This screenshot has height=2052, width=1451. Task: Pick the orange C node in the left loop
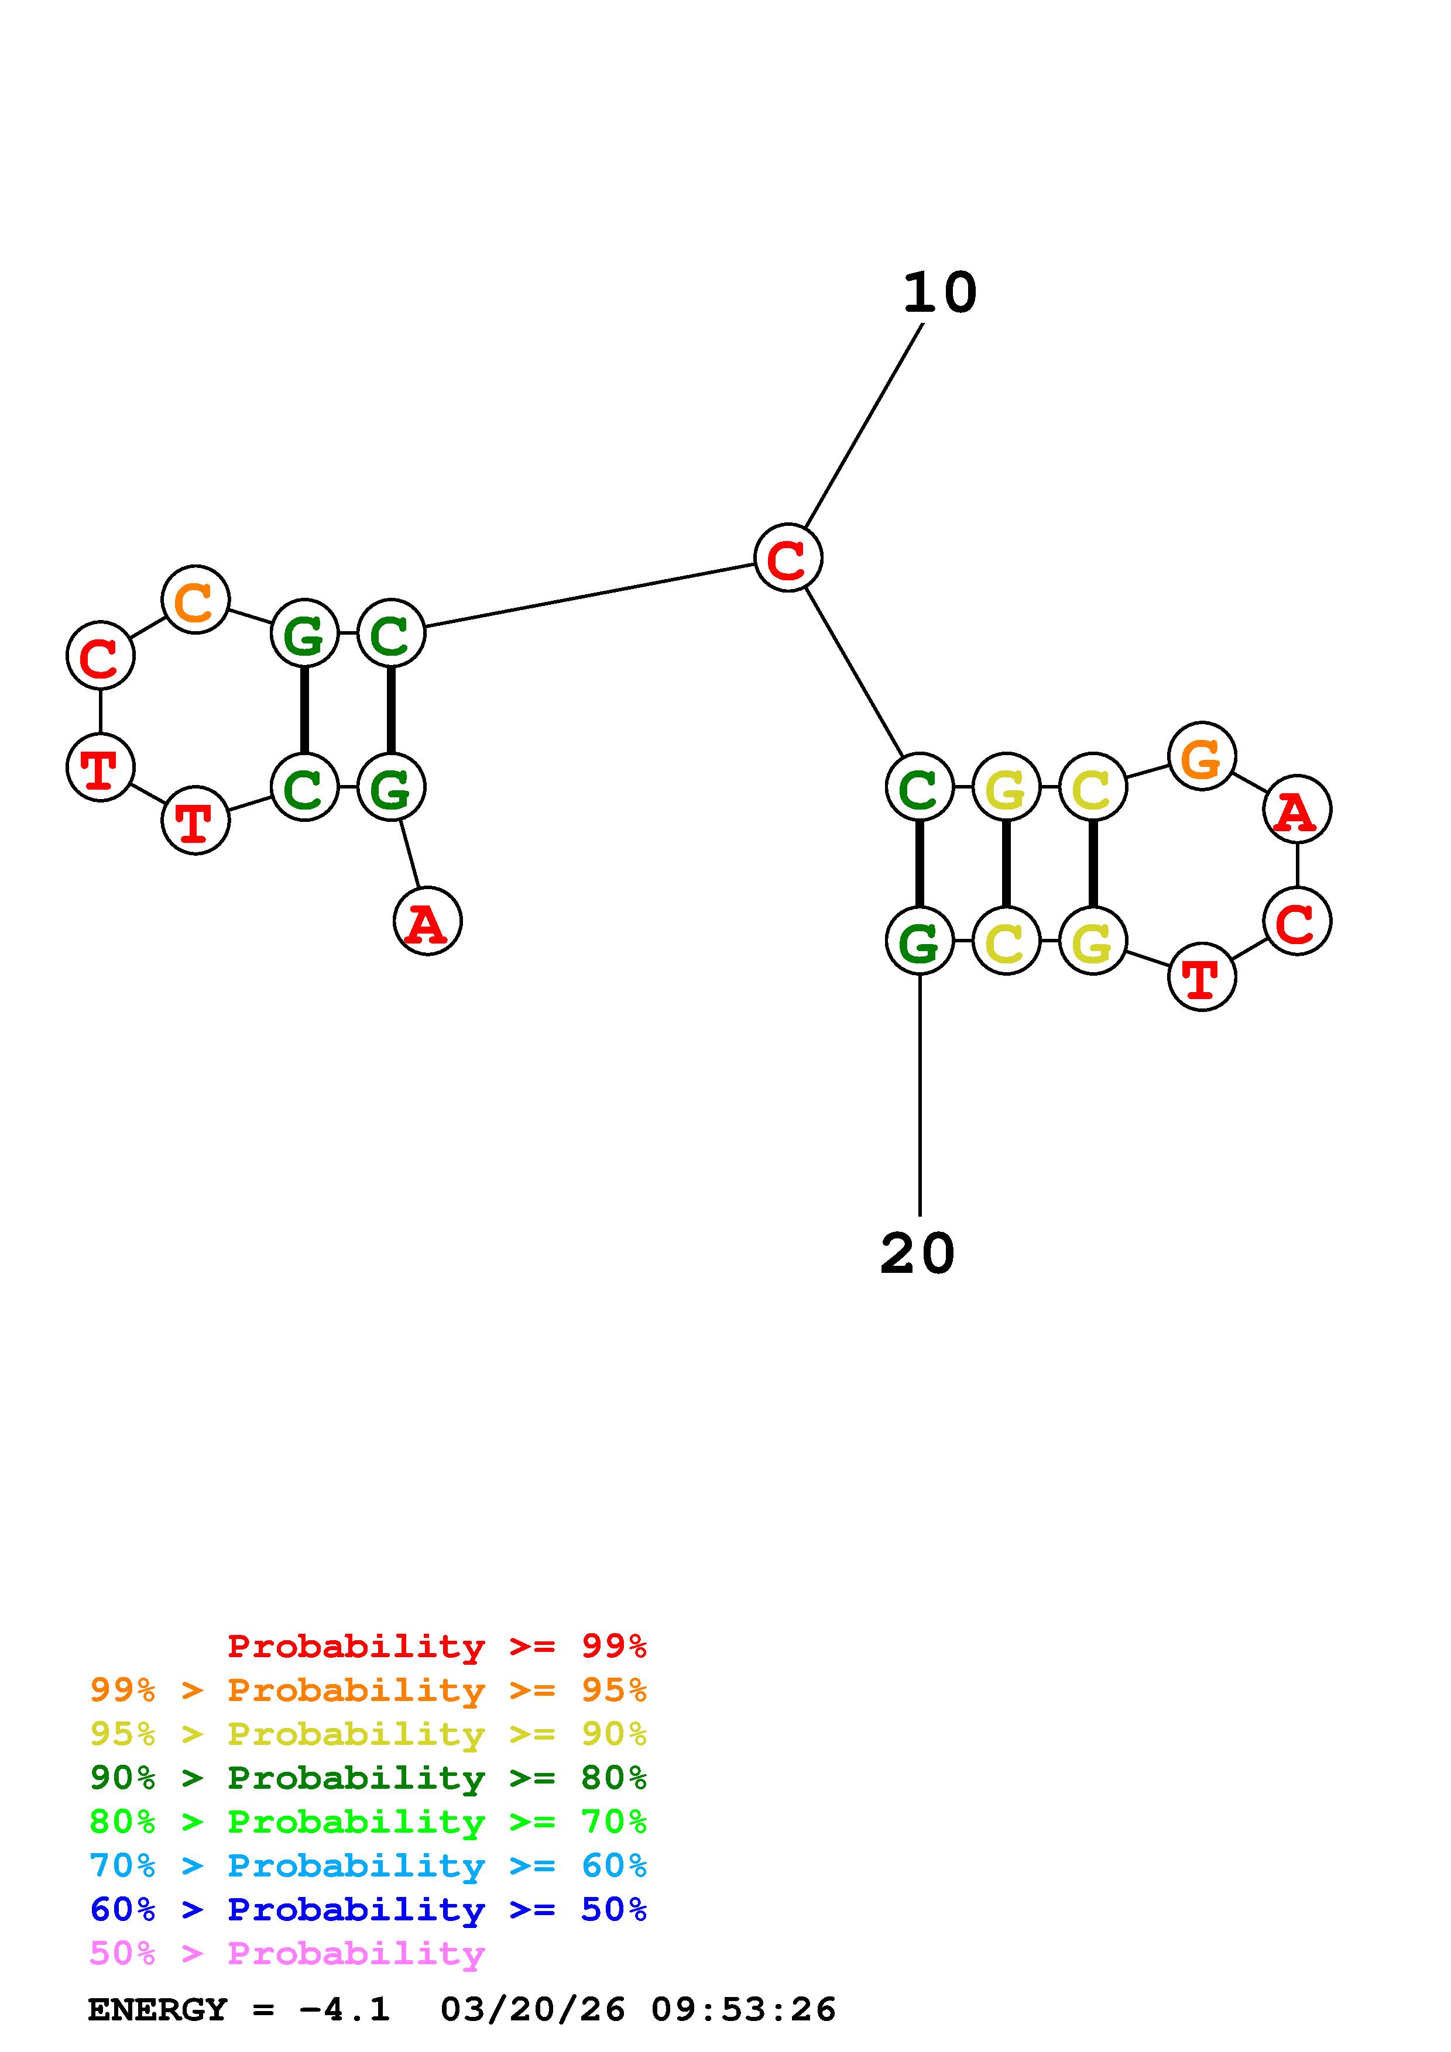[196, 599]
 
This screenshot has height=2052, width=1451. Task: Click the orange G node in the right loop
[1202, 756]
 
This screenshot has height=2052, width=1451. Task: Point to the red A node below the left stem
[427, 921]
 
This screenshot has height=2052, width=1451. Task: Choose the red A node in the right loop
[1296, 810]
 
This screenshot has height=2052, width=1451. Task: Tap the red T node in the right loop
[1202, 977]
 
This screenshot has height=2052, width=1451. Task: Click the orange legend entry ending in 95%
[368, 1690]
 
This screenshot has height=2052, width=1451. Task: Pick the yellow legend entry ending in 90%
[368, 1734]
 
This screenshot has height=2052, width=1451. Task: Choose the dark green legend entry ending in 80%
[368, 1778]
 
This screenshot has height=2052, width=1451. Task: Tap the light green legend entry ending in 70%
[368, 1822]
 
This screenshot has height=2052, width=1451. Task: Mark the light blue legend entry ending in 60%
[368, 1865]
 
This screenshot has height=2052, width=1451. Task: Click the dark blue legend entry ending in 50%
[368, 1909]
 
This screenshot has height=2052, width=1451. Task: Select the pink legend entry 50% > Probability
[287, 1953]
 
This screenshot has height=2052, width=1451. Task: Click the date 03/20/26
[533, 2009]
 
